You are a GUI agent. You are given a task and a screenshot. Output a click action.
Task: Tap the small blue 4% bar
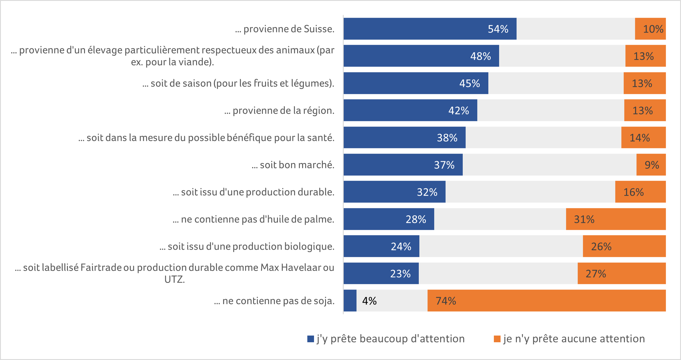[350, 301]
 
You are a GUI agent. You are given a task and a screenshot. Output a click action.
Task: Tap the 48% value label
[480, 56]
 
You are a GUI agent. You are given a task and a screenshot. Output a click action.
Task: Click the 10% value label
[653, 29]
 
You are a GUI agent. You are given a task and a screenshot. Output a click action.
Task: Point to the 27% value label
[596, 274]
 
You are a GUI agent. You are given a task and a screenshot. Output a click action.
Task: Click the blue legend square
[311, 339]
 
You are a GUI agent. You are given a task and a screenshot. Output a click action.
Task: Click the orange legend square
[497, 339]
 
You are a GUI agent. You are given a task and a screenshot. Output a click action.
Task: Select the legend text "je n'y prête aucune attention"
[574, 339]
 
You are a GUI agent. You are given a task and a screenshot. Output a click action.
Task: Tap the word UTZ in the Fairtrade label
[175, 279]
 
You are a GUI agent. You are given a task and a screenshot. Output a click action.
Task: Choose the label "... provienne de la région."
[279, 111]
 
